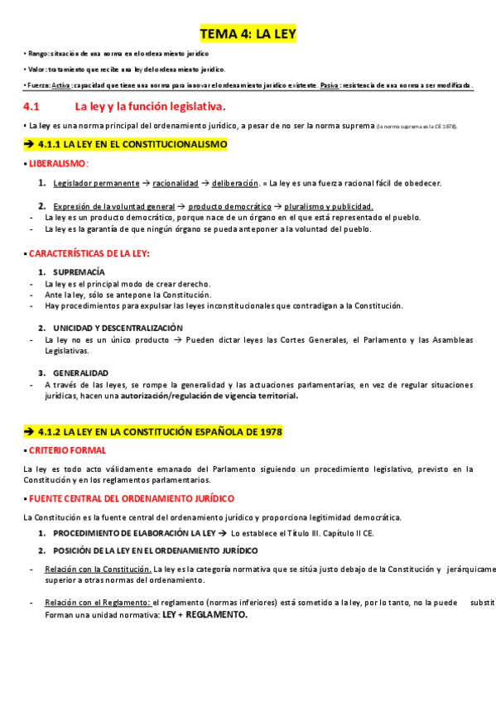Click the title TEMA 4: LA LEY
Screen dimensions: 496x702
tap(248, 34)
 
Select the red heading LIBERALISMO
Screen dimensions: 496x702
tap(59, 164)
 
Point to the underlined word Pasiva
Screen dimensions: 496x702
tap(330, 86)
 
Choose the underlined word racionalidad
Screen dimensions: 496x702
tap(176, 183)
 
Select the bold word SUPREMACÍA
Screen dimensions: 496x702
tap(79, 272)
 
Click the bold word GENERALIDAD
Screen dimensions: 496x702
tap(80, 373)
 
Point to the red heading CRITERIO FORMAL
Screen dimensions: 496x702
tap(67, 450)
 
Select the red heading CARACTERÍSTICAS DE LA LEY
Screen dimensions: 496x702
tap(89, 252)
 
